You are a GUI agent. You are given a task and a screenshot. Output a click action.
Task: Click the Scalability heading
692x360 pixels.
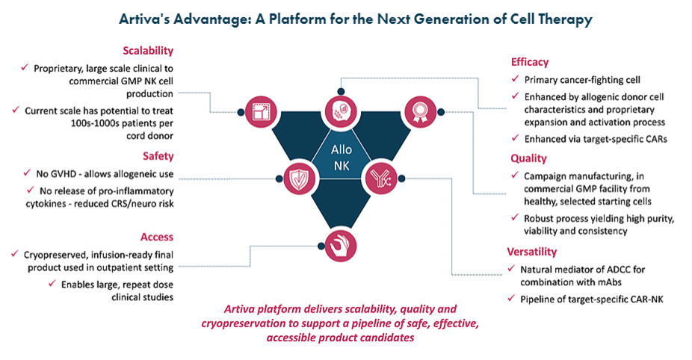(148, 51)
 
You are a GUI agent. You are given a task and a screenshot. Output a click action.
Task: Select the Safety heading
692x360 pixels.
(158, 156)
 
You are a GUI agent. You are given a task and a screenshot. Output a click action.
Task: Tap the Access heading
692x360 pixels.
(157, 237)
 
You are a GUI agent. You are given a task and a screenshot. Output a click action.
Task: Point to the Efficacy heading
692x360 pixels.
(530, 62)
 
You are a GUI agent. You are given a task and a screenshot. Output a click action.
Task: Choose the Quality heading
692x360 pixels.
(528, 158)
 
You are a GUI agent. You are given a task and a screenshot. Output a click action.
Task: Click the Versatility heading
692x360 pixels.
(532, 252)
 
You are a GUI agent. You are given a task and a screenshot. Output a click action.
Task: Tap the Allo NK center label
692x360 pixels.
(342, 158)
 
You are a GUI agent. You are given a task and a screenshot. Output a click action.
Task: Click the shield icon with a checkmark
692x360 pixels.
(299, 179)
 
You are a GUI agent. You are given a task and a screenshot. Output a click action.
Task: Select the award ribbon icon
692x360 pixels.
(420, 112)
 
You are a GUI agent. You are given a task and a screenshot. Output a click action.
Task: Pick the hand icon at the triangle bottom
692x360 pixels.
(340, 246)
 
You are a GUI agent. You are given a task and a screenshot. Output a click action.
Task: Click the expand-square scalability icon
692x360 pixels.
(260, 112)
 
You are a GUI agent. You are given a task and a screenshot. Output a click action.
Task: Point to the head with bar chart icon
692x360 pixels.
(341, 112)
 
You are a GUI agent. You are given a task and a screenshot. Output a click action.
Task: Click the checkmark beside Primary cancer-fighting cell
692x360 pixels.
(515, 79)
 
